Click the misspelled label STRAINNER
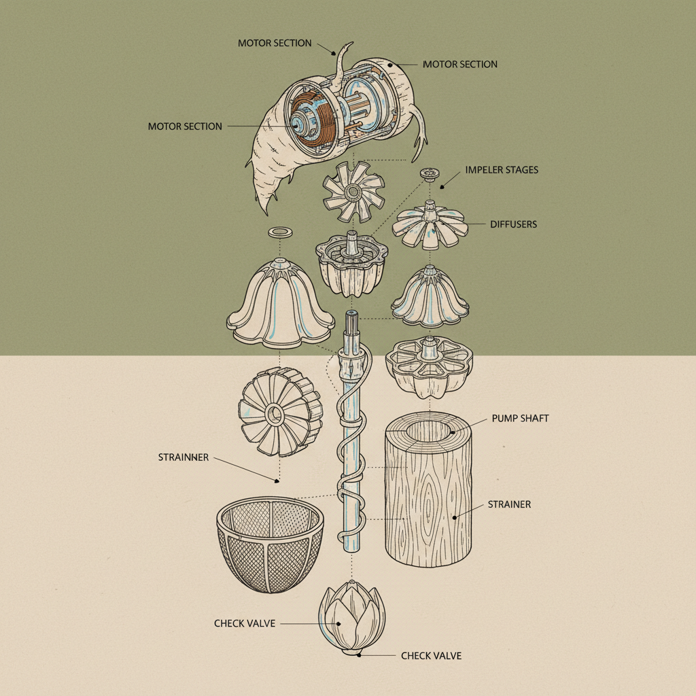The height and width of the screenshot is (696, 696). [184, 457]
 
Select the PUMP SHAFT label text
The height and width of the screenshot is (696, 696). [520, 418]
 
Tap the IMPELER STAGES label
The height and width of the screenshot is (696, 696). [502, 169]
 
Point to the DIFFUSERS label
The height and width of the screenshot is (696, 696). [514, 224]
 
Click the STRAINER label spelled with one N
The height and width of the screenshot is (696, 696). [509, 504]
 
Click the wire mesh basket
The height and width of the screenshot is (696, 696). [270, 544]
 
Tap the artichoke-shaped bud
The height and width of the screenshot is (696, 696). [352, 617]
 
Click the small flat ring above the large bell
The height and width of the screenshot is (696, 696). [281, 232]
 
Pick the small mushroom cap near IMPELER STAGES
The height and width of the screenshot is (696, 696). [430, 174]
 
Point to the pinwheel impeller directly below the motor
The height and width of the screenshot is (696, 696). [353, 192]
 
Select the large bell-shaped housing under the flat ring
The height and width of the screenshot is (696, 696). [280, 304]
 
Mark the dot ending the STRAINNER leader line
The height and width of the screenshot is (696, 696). [277, 481]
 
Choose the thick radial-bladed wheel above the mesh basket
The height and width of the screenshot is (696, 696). [280, 413]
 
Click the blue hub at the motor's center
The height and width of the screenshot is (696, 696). [299, 125]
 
